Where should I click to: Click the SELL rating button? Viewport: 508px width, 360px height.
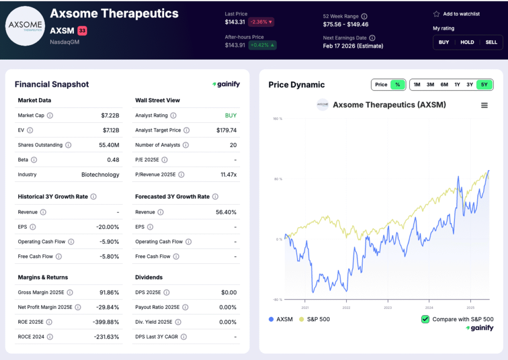coord(491,42)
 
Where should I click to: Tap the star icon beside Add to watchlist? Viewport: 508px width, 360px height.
coord(436,14)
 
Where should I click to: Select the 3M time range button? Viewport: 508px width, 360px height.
coord(430,84)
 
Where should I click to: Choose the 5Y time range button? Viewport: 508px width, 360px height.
coord(484,84)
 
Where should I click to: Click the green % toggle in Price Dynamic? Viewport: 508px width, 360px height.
coord(398,84)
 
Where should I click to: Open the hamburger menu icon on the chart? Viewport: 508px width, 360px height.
coord(484,105)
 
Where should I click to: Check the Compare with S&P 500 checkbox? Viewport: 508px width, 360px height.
coord(425,319)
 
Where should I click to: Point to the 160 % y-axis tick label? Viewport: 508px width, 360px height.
coord(277,119)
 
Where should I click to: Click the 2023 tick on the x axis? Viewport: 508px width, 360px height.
coord(387,307)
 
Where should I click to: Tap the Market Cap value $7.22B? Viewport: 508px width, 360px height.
coord(110,115)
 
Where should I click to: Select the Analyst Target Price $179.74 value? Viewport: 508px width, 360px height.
coord(226,130)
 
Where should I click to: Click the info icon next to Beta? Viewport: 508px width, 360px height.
coord(34,160)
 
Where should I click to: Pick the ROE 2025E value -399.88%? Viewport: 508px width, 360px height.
coord(106,322)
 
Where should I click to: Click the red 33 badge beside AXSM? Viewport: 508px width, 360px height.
coord(82,31)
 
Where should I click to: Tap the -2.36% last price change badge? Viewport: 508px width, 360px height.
coord(261,22)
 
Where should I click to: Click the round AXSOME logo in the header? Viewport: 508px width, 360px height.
coord(25,26)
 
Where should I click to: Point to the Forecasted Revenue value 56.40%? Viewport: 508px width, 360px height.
coord(226,212)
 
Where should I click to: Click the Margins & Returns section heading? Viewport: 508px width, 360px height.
coord(43,277)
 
